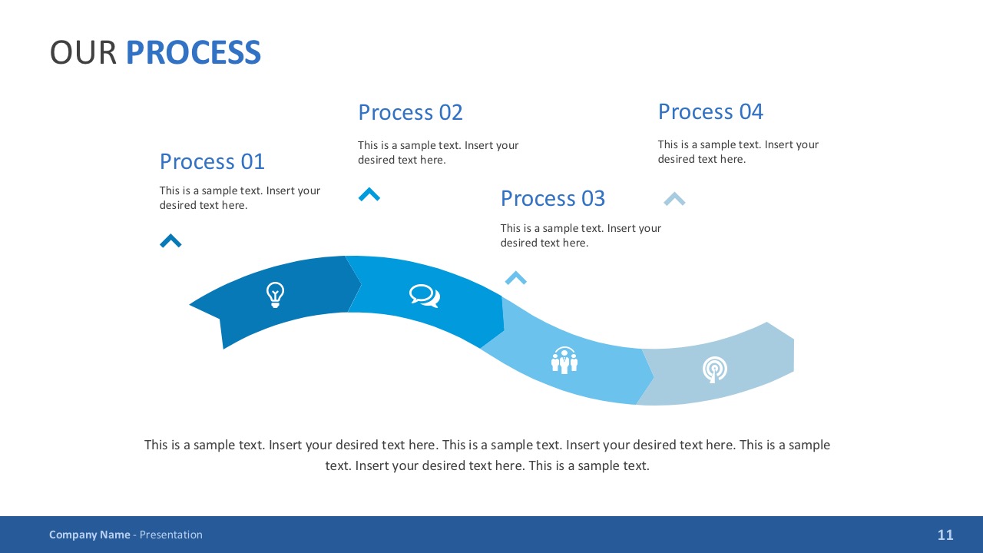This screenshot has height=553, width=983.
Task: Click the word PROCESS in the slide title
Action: point(193,52)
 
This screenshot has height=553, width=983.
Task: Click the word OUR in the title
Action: point(83,52)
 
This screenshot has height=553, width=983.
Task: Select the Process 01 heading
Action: point(212,161)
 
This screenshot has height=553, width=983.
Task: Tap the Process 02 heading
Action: point(410,112)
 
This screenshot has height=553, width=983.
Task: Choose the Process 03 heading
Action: point(552,198)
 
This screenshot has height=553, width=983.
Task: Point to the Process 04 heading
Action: point(710,111)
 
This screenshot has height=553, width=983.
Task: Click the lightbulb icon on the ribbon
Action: point(275,294)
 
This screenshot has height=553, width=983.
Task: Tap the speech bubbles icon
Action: point(424,296)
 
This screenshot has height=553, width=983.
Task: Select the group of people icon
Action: point(564,360)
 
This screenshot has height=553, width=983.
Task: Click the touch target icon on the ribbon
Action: point(714,369)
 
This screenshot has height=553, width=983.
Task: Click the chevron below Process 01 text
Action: point(170,241)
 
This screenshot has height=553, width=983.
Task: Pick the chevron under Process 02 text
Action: point(369,195)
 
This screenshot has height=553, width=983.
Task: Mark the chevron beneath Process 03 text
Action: point(515,278)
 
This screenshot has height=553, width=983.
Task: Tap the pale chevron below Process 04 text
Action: point(674,199)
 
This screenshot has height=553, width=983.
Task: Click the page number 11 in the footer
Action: point(945,535)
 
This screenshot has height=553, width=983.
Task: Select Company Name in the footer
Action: point(89,535)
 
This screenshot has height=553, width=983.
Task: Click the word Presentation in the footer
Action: point(170,535)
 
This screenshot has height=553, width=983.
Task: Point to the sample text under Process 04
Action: point(737,151)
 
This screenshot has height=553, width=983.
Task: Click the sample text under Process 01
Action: point(239,197)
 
